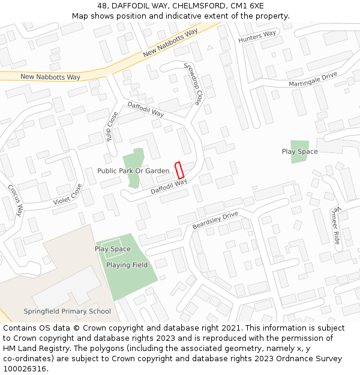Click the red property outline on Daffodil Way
pyautogui.click(x=179, y=170)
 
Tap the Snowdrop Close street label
pyautogui.click(x=193, y=83)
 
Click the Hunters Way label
pyautogui.click(x=257, y=37)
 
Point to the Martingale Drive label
pyautogui.click(x=313, y=80)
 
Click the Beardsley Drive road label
pyautogui.click(x=215, y=220)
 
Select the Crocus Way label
pyautogui.click(x=15, y=199)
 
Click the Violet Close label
pyautogui.click(x=67, y=194)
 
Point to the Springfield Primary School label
pyautogui.click(x=67, y=311)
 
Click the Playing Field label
pyautogui.click(x=127, y=265)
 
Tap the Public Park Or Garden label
pyautogui.click(x=133, y=171)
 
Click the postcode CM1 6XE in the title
pyautogui.click(x=247, y=5)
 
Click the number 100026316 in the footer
pyautogui.click(x=24, y=368)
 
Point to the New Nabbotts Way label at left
pyautogui.click(x=50, y=77)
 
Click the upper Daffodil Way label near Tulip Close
pyautogui.click(x=145, y=109)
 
